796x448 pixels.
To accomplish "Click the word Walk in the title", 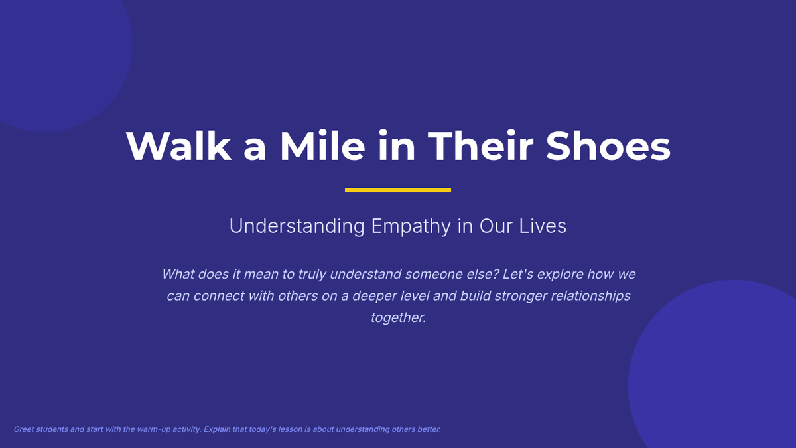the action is [x=178, y=146].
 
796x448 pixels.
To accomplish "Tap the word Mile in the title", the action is [x=322, y=145].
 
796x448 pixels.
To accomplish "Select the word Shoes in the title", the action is [x=608, y=146].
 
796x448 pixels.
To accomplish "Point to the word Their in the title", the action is [x=480, y=145].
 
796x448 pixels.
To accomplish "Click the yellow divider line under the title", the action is [x=397, y=190].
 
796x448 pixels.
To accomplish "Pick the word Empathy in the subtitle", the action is [x=411, y=226].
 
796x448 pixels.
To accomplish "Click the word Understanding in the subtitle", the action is [x=297, y=226].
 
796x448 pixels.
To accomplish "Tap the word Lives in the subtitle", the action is [x=543, y=226].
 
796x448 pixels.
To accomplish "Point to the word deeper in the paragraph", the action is [x=374, y=296].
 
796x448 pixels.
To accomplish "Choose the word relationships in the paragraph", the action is [x=590, y=296].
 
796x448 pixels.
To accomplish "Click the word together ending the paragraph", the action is [x=399, y=317].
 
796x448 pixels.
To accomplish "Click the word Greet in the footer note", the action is [x=23, y=429].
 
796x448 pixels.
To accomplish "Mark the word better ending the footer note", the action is [x=429, y=429].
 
